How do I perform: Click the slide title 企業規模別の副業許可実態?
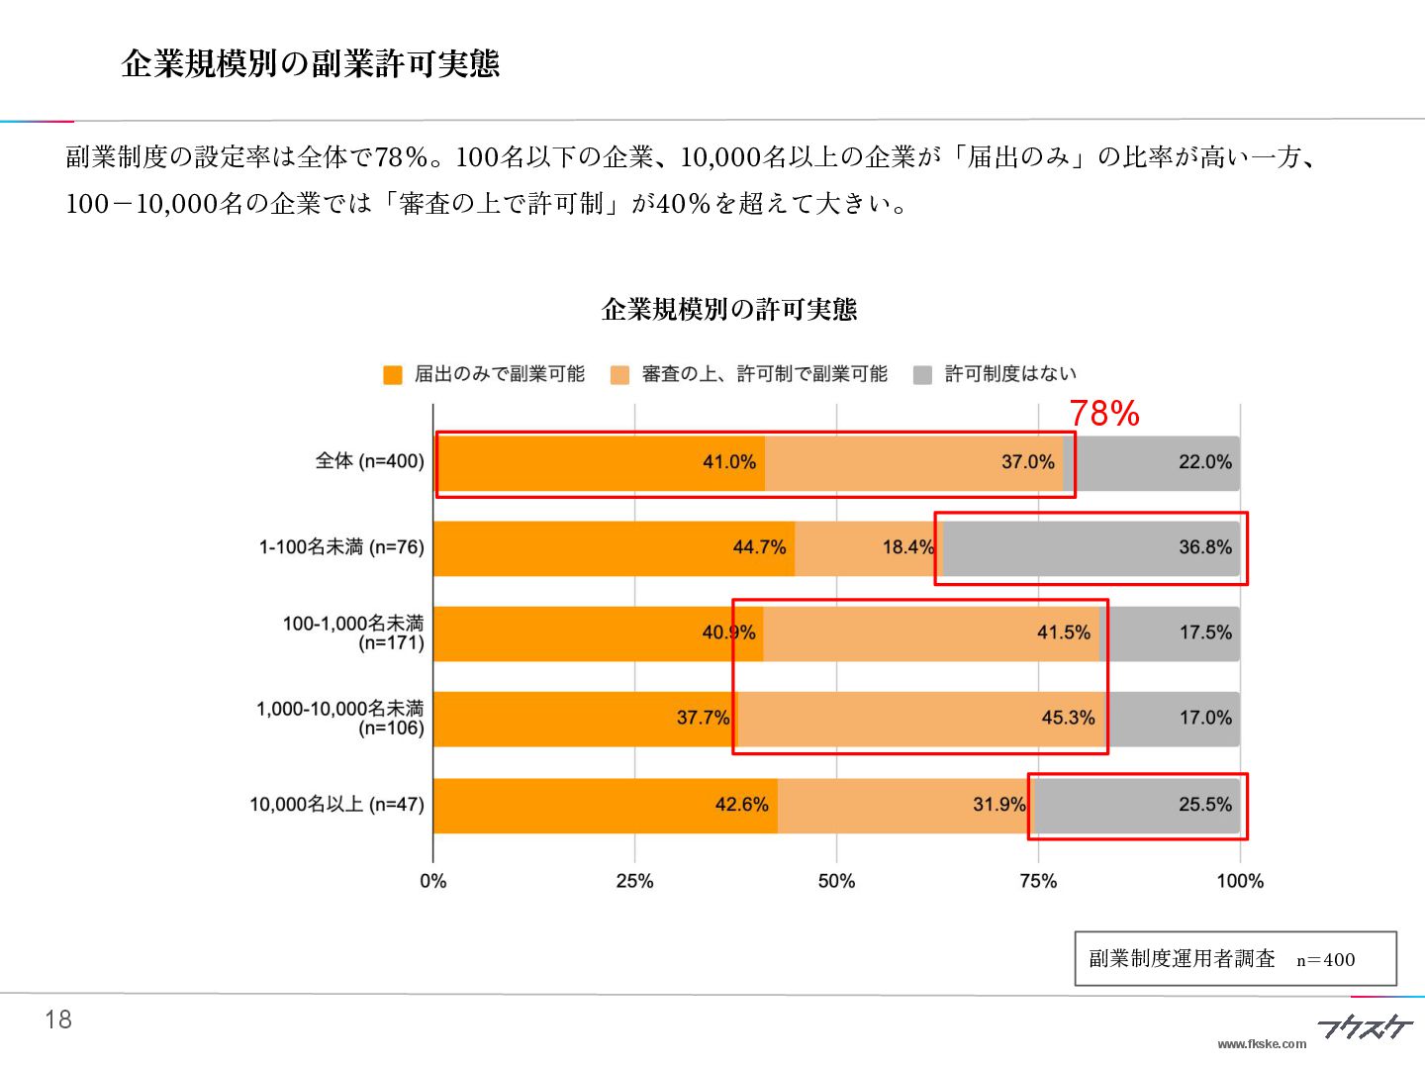310,63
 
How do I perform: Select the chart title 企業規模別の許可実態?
728,310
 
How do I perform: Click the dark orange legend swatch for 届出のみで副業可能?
393,375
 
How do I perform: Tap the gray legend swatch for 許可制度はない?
922,375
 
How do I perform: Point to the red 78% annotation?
1104,413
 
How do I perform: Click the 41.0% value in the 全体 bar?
729,462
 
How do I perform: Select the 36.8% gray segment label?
1204,547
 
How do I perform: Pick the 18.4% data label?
907,547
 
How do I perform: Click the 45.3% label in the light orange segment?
1068,718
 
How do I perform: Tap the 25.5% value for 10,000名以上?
1204,805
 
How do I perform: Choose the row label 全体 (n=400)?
369,461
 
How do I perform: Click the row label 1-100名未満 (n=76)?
341,547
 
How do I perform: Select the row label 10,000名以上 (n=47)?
336,805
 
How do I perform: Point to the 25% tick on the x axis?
634,881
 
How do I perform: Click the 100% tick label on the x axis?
1239,881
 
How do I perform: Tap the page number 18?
58,1020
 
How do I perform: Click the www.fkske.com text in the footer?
1262,1043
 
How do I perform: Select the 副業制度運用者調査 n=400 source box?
1235,958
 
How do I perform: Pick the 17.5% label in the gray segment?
1204,632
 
